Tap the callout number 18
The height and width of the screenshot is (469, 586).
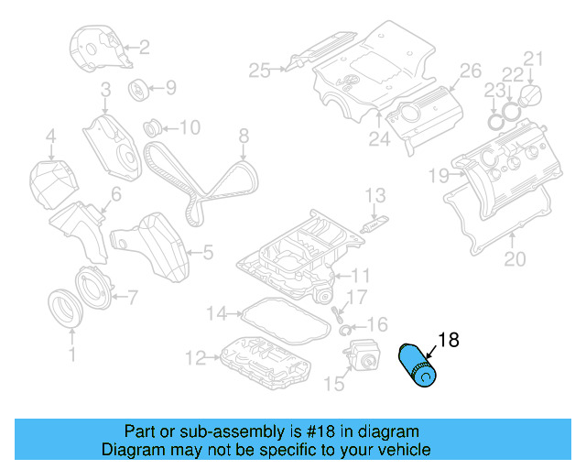click(x=448, y=341)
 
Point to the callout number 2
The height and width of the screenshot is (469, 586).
click(x=144, y=47)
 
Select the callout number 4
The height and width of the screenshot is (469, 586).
click(x=51, y=138)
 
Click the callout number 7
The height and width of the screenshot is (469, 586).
click(x=132, y=296)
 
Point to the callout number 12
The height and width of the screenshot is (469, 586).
click(x=194, y=356)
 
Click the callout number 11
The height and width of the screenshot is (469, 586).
click(x=362, y=275)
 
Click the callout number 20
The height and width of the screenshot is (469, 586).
click(x=515, y=259)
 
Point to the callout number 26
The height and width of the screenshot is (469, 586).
click(x=469, y=71)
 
